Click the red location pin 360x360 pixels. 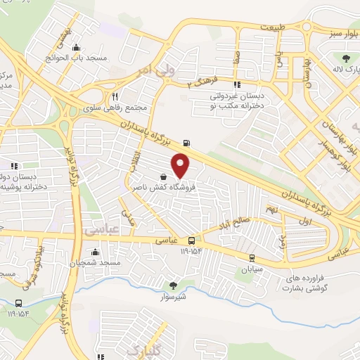[181, 167]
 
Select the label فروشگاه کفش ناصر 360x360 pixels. [162, 188]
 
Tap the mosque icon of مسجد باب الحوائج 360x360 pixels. [76, 48]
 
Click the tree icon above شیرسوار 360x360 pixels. [172, 285]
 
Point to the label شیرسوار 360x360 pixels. [172, 297]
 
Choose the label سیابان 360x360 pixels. [251, 269]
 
